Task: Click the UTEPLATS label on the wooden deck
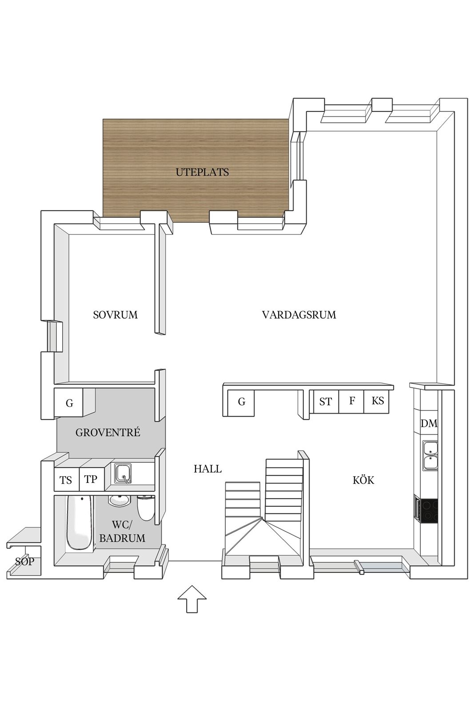pyautogui.click(x=202, y=172)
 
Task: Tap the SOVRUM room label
pyautogui.click(x=115, y=315)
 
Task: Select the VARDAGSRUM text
pyautogui.click(x=299, y=315)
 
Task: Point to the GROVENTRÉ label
pyautogui.click(x=108, y=432)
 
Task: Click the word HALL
pyautogui.click(x=207, y=469)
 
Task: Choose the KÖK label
pyautogui.click(x=363, y=480)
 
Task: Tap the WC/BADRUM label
pyautogui.click(x=122, y=531)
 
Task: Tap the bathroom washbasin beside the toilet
pyautogui.click(x=119, y=500)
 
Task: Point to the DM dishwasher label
pyautogui.click(x=429, y=423)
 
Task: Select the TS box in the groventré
pyautogui.click(x=66, y=480)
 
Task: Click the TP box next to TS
pyautogui.click(x=92, y=479)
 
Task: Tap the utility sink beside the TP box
pyautogui.click(x=123, y=473)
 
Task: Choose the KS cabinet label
pyautogui.click(x=378, y=401)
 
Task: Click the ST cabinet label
pyautogui.click(x=326, y=402)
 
